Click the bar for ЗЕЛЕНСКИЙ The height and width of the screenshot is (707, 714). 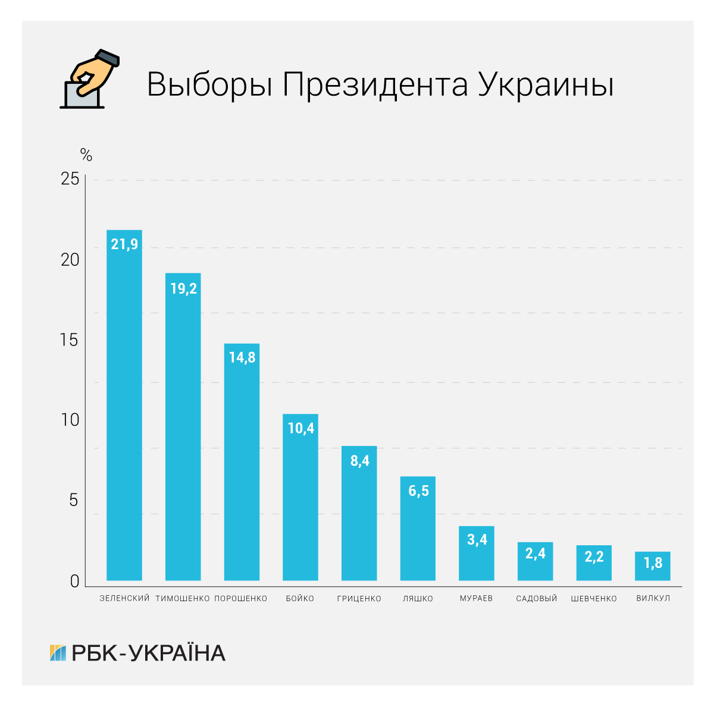point(124,404)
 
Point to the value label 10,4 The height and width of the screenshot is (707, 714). point(300,428)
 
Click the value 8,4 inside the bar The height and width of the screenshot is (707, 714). point(359,460)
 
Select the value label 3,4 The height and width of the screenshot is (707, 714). point(477,539)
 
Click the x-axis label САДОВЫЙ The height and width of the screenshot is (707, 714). point(536,598)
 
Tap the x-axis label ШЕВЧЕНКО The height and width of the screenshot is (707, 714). point(594,598)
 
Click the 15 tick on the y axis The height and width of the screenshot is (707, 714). point(70,340)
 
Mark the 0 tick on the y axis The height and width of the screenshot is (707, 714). point(74,581)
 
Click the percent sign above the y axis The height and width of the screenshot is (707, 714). point(86,156)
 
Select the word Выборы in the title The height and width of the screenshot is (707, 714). point(209,84)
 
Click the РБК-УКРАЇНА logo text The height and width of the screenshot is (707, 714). point(148,653)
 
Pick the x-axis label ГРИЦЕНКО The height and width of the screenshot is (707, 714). point(359,598)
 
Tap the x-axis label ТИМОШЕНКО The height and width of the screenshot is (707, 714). point(183,598)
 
